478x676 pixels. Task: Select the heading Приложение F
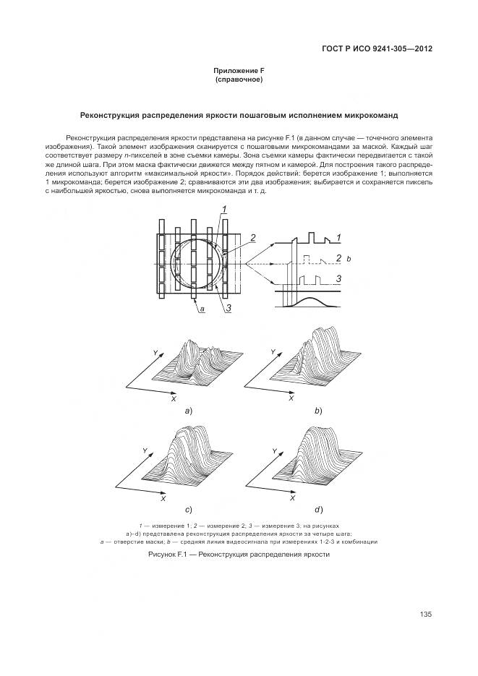click(x=239, y=69)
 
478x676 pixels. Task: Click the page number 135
click(x=425, y=614)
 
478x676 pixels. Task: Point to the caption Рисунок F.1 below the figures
click(x=239, y=554)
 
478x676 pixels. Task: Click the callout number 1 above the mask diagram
click(x=226, y=210)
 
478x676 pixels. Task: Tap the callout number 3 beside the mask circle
click(x=229, y=309)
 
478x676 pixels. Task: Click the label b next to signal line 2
click(x=349, y=258)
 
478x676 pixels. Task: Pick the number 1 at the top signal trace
click(x=338, y=237)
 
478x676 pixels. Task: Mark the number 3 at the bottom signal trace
click(x=338, y=278)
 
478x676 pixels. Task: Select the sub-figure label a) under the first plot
click(x=189, y=410)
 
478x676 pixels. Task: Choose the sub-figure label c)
click(x=189, y=510)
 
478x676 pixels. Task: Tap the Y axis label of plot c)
click(x=145, y=450)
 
